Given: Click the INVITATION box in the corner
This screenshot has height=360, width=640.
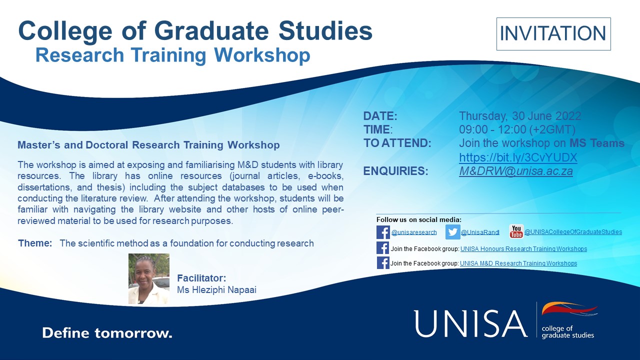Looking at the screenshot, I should coord(553,33).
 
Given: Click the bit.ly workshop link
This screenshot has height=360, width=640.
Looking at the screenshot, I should coord(518,158).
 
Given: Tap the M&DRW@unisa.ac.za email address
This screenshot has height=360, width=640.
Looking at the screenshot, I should coord(515,171).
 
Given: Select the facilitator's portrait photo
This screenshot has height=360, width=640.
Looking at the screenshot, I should coord(149,278).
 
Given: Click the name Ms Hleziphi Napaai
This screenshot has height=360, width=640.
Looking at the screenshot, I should coord(216,289).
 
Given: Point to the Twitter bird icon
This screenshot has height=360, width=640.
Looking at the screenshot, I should coord(453,232).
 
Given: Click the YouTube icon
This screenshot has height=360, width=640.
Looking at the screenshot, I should coord(516,231).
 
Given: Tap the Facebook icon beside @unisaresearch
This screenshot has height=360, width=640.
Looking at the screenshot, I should coord(383,232).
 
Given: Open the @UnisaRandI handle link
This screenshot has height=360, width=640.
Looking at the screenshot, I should coord(480,232).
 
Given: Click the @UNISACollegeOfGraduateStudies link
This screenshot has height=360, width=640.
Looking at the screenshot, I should coord(573,232).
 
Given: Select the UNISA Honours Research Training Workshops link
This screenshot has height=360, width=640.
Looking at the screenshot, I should coord(523,249).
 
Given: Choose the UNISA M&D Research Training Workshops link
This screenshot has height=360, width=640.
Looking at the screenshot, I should coord(518,263).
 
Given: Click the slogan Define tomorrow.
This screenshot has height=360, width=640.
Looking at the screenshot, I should coord(107,333).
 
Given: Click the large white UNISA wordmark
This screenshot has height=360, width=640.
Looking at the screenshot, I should coord(470,323).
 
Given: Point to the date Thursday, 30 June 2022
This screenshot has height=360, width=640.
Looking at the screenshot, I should coord(520,116).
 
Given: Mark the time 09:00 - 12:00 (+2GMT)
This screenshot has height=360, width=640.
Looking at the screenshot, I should coord(517,129).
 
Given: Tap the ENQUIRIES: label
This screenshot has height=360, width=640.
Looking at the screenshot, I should coord(395,171).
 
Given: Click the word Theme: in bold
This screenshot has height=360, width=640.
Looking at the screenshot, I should coord(35,243).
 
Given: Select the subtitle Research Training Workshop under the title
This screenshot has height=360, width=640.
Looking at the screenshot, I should coord(173,55).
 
